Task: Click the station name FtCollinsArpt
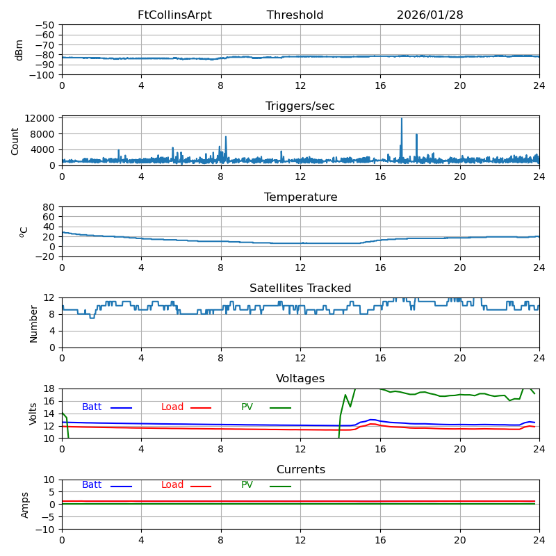point(174,15)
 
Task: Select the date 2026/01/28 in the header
point(430,15)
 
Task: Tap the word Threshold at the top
point(295,15)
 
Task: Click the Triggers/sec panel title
point(300,106)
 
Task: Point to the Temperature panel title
point(300,197)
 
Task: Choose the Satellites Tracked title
point(300,288)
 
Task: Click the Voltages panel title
point(300,379)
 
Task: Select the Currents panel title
point(300,470)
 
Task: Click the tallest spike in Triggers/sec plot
point(401,120)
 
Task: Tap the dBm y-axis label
point(19,49)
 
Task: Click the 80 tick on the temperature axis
point(49,207)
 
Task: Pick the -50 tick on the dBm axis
point(46,25)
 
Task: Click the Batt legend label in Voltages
point(92,407)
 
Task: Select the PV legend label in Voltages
point(247,407)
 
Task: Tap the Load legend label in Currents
point(172,485)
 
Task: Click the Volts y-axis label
point(33,414)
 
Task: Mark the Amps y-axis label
point(25,505)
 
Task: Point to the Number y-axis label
point(33,323)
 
